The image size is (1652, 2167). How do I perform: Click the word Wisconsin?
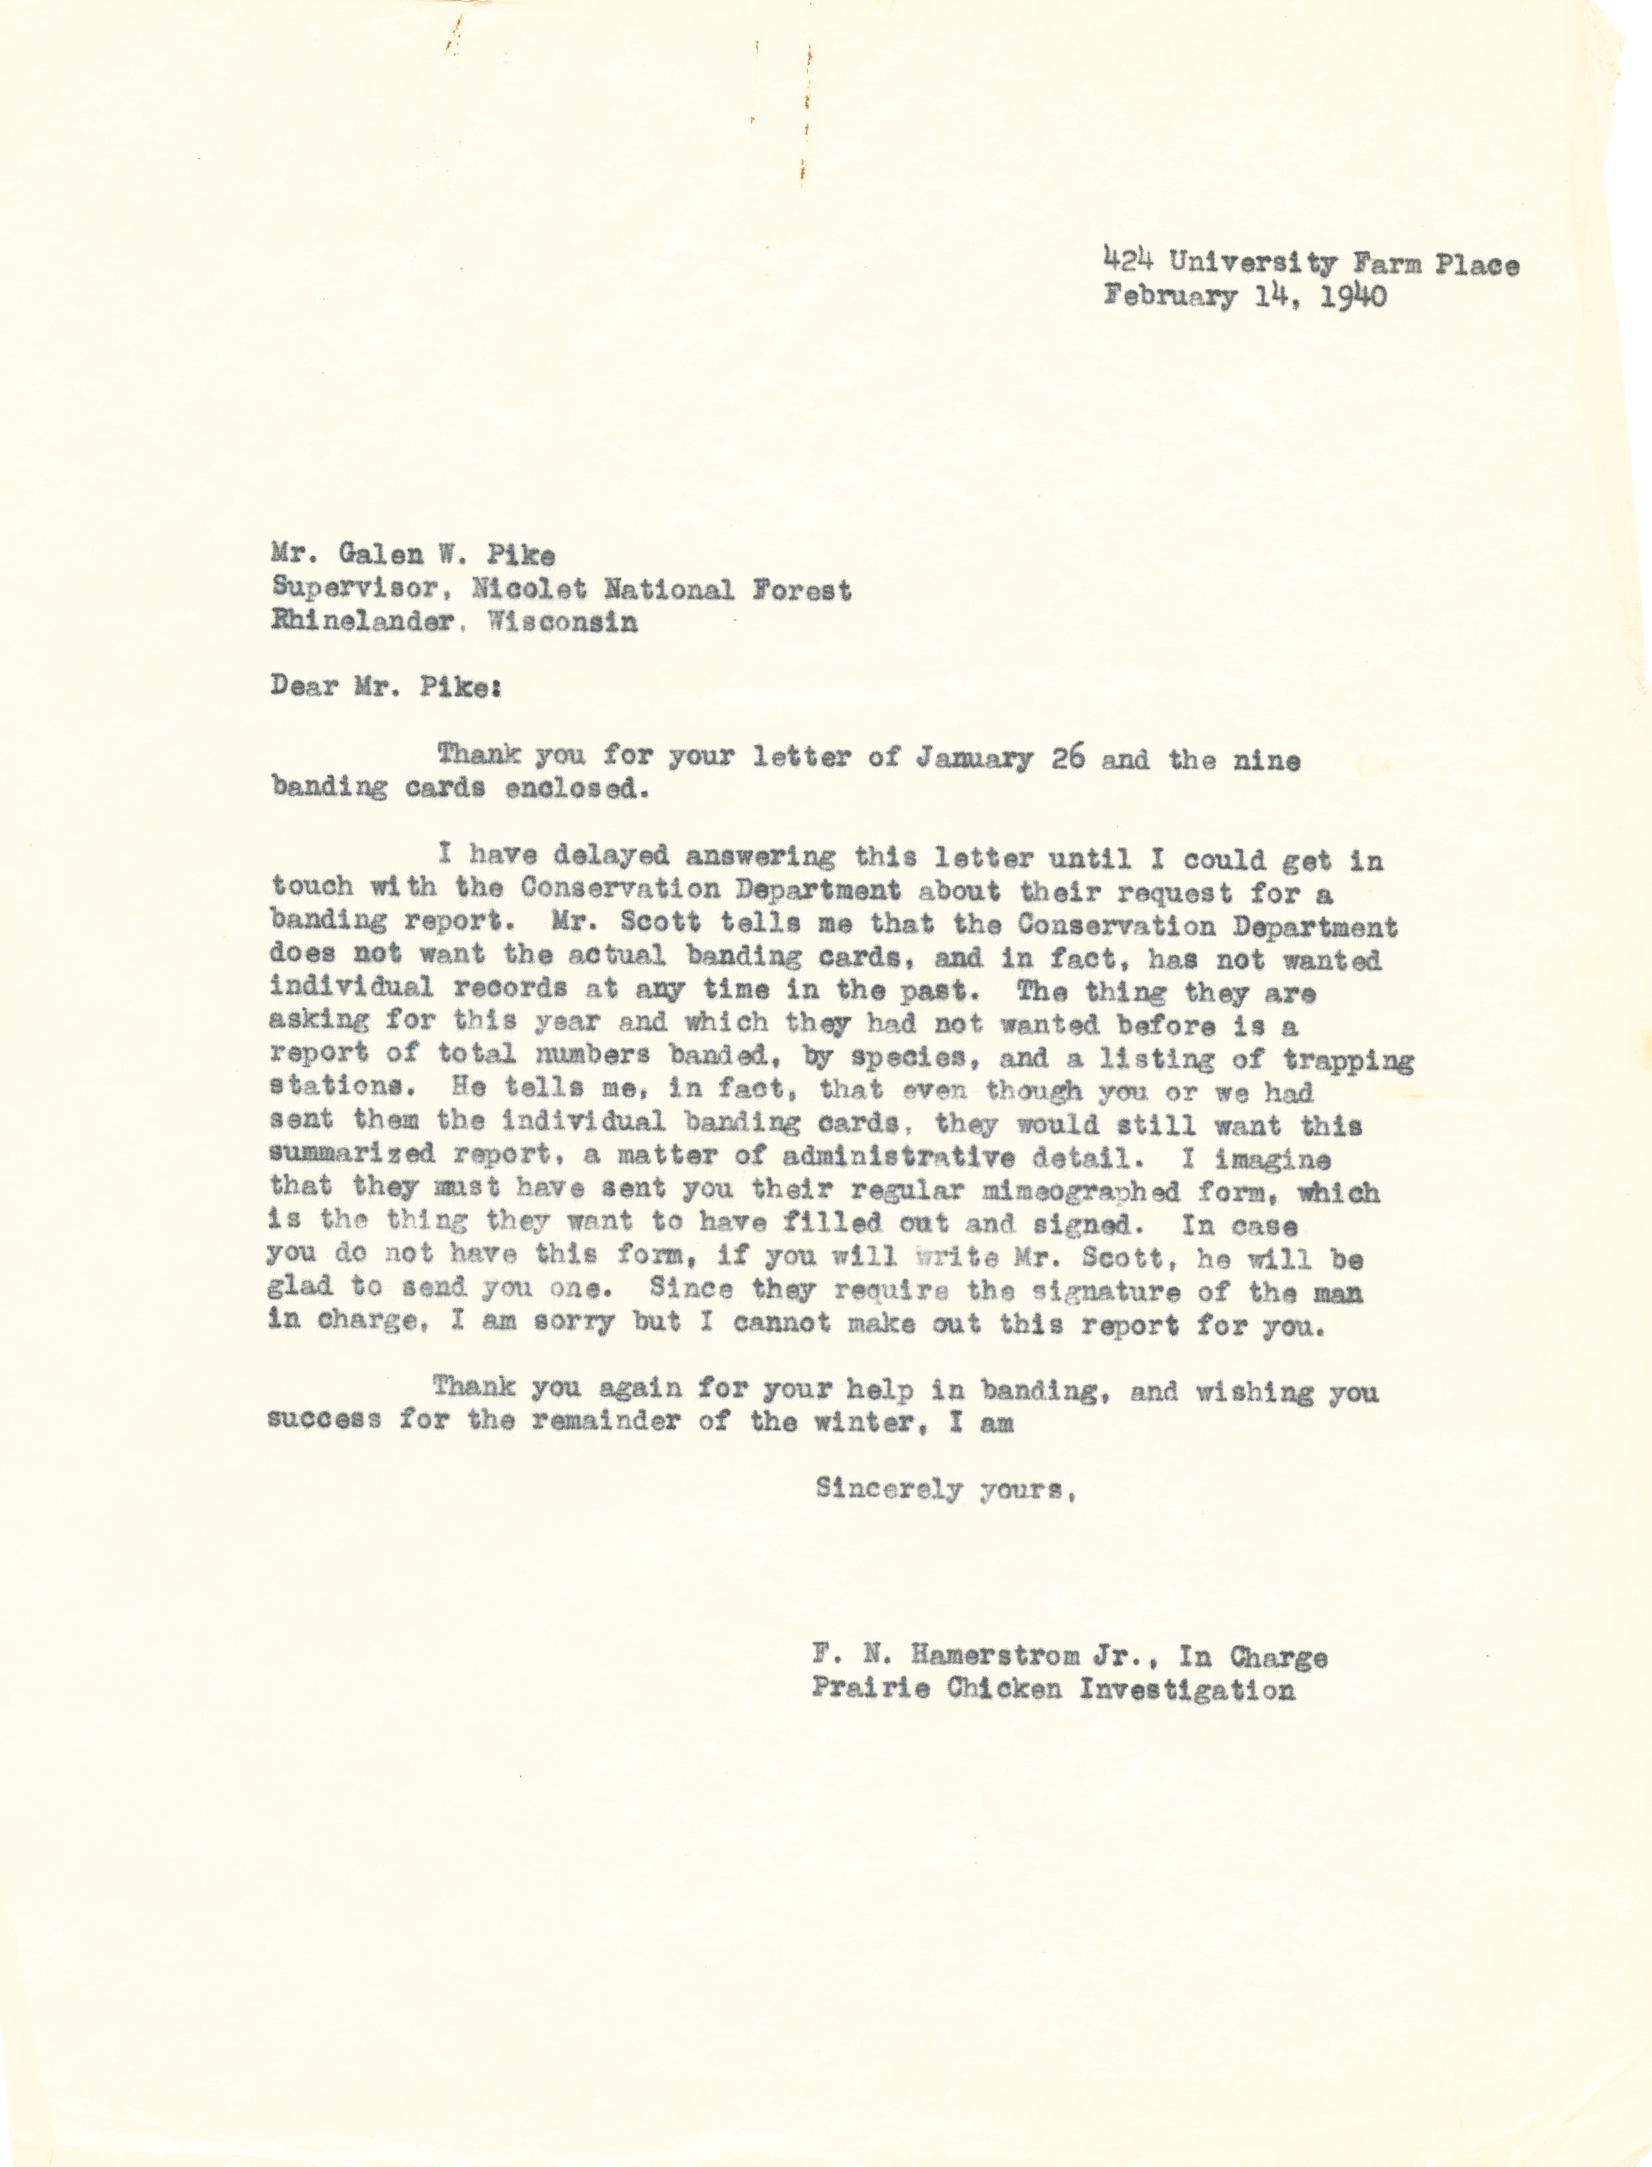[x=561, y=623]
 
